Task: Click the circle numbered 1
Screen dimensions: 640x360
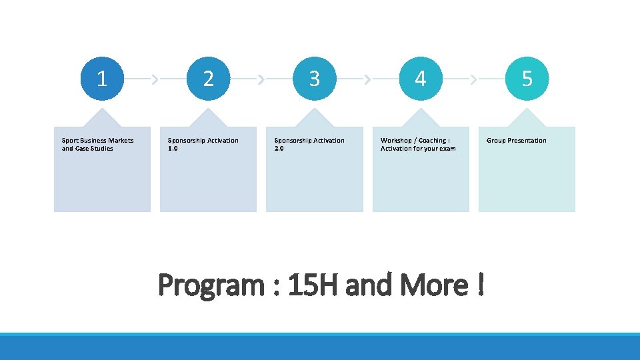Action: click(x=102, y=79)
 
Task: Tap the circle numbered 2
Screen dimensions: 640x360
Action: click(x=208, y=79)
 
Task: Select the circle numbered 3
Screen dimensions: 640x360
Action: click(x=314, y=79)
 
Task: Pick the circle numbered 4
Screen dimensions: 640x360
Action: click(x=420, y=79)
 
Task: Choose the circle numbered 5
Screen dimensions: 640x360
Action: click(x=527, y=79)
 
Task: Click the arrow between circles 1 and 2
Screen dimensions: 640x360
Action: click(x=155, y=79)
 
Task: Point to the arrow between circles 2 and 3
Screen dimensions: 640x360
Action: click(x=261, y=79)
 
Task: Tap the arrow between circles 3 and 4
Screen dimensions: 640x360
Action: click(x=367, y=79)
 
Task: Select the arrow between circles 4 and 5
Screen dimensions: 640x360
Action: click(x=473, y=79)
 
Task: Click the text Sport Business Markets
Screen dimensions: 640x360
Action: click(x=97, y=140)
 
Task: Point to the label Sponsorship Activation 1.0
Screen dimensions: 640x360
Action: click(x=203, y=144)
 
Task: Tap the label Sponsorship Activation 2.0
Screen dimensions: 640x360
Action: click(x=309, y=144)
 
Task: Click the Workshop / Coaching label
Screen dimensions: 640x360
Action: click(x=415, y=140)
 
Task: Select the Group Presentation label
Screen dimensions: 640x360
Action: click(x=516, y=140)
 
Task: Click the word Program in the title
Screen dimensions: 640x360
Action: click(x=211, y=286)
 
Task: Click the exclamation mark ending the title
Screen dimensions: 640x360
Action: click(x=480, y=285)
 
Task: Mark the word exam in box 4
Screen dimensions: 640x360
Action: click(x=448, y=148)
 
